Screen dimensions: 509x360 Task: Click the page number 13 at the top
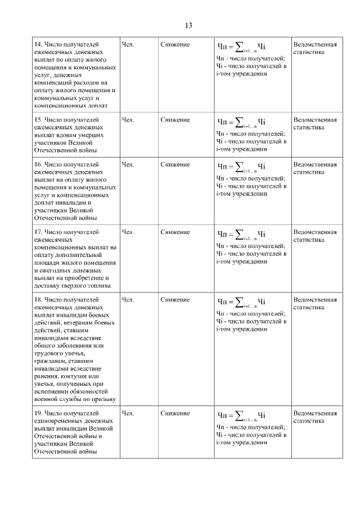(x=188, y=25)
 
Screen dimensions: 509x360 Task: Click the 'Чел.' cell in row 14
(x=128, y=44)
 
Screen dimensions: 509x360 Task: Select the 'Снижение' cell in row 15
(x=175, y=120)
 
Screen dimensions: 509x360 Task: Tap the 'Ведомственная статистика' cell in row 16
(x=315, y=168)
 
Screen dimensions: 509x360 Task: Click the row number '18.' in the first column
(x=39, y=300)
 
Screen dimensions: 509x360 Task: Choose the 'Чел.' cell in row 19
(x=128, y=413)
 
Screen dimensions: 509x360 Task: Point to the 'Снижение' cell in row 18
(x=175, y=300)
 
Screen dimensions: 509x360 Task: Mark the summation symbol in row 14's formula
(x=239, y=45)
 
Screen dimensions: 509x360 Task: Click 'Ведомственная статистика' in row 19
(x=315, y=417)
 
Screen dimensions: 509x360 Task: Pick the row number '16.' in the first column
(x=39, y=165)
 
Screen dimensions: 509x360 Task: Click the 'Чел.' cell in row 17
(x=128, y=232)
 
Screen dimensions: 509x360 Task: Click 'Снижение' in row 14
(x=175, y=44)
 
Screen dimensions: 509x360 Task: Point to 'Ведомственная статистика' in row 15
(x=315, y=123)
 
